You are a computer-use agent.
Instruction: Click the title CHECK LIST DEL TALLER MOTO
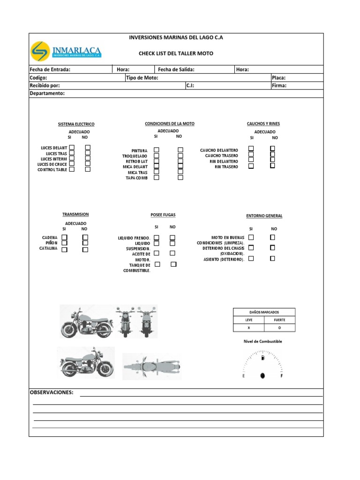click(x=176, y=53)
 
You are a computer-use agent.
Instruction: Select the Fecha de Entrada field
click(x=50, y=69)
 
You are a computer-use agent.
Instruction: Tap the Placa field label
click(x=278, y=78)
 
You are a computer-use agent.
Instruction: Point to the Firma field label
click(x=279, y=86)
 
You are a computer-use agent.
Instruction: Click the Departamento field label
click(x=47, y=93)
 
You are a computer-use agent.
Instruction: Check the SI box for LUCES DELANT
click(x=72, y=148)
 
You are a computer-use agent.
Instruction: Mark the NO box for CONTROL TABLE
click(x=88, y=169)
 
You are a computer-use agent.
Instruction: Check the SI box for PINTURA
click(x=157, y=150)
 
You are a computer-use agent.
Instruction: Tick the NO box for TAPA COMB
click(x=180, y=178)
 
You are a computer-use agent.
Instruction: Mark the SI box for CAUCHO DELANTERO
click(x=251, y=149)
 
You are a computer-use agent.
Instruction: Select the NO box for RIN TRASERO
click(x=272, y=165)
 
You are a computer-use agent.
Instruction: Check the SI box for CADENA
click(x=64, y=237)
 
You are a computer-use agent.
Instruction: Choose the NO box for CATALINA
click(x=85, y=249)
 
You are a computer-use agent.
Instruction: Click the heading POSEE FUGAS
click(x=163, y=215)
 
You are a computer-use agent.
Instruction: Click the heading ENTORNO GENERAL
click(x=264, y=216)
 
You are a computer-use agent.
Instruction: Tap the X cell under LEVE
click(x=249, y=328)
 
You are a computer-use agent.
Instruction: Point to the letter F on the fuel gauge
click(x=281, y=376)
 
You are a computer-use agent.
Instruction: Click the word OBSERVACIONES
click(x=52, y=392)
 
